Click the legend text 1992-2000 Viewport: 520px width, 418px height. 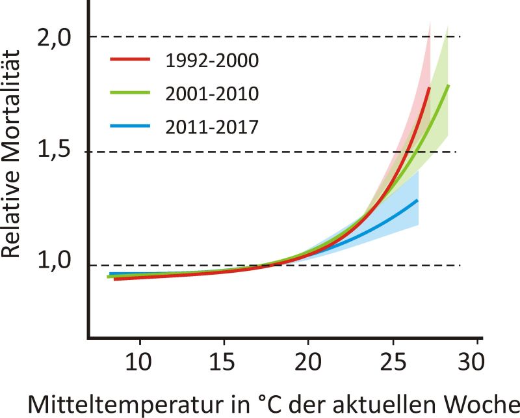(x=213, y=61)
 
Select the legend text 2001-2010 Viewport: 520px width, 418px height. (x=213, y=94)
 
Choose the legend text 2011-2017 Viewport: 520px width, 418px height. (x=213, y=127)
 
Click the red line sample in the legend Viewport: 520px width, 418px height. (x=130, y=59)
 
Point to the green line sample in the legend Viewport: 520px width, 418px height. (x=130, y=92)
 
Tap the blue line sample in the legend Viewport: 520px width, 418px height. (x=130, y=126)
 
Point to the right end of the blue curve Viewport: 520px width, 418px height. (x=417, y=200)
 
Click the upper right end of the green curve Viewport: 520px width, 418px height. (x=448, y=85)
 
